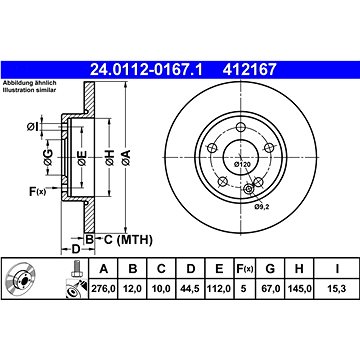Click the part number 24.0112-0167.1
pos(146,70)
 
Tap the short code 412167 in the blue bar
pos(250,70)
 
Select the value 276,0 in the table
pos(104,289)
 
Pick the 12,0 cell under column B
pos(133,289)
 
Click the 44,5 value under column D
pos(190,289)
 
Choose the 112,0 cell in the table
pos(219,289)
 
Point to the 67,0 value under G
pos(270,289)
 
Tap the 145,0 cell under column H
pos(299,289)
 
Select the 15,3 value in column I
pos(337,289)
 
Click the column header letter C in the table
pos(161,269)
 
